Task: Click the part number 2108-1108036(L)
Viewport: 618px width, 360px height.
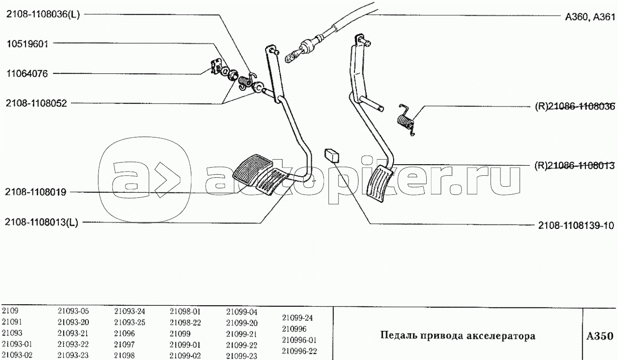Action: pyautogui.click(x=43, y=15)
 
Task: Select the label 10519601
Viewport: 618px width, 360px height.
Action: pyautogui.click(x=27, y=44)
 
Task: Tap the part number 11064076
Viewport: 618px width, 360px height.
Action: pyautogui.click(x=27, y=74)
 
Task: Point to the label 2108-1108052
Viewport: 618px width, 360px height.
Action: pyautogui.click(x=36, y=103)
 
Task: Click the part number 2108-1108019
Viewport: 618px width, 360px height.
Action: pyautogui.click(x=36, y=192)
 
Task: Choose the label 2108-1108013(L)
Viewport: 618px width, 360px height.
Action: pyautogui.click(x=41, y=222)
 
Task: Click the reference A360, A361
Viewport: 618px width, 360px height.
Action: pyautogui.click(x=590, y=17)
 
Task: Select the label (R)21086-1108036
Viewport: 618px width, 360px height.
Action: pyautogui.click(x=575, y=106)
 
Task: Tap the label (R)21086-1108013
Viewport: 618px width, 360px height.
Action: pyautogui.click(x=575, y=166)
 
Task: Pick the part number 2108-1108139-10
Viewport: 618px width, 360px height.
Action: pyautogui.click(x=576, y=225)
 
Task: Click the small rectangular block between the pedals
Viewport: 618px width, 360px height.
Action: pyautogui.click(x=331, y=156)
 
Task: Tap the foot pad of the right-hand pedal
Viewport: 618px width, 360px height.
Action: pyautogui.click(x=380, y=184)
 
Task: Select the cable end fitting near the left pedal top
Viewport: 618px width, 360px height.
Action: pyautogui.click(x=299, y=53)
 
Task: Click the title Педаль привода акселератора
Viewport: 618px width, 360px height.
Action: pyautogui.click(x=458, y=335)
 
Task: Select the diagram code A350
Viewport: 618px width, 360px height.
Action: pyautogui.click(x=599, y=336)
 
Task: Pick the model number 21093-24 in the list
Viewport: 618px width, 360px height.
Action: pyautogui.click(x=130, y=311)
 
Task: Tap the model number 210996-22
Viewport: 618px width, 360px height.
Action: pyautogui.click(x=299, y=351)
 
